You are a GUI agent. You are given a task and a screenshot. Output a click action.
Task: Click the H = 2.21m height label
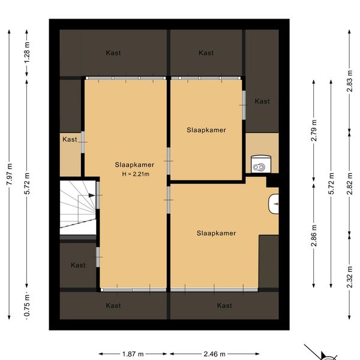click(136, 174)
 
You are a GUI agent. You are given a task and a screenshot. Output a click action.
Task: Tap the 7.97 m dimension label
click(9, 174)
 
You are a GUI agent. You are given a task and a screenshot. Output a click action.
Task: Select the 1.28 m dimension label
click(27, 52)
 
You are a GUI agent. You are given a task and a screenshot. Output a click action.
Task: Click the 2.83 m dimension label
click(349, 81)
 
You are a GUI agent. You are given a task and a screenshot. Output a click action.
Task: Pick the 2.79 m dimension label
click(314, 130)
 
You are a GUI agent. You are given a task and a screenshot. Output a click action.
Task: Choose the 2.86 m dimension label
click(314, 236)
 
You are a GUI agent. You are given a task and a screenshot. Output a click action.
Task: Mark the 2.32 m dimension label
click(349, 277)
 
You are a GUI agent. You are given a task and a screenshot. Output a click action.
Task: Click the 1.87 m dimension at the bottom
click(133, 354)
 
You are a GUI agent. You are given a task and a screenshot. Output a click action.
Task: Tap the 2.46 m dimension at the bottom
click(214, 354)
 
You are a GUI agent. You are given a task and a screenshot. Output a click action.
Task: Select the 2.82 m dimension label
click(349, 184)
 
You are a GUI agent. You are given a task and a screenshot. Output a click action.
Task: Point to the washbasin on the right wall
click(274, 203)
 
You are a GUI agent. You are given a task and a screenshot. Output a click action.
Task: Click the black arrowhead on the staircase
click(92, 196)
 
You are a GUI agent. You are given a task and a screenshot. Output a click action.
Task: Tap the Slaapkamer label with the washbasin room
click(216, 233)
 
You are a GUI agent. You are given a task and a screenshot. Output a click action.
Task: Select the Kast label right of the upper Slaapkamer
click(262, 101)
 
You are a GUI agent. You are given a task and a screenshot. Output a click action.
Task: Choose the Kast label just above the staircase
click(70, 139)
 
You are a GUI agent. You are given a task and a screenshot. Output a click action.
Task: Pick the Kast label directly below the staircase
click(78, 265)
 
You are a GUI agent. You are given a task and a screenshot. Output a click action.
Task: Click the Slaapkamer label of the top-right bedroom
click(206, 130)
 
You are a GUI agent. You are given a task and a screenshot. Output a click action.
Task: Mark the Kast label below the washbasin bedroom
click(224, 305)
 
